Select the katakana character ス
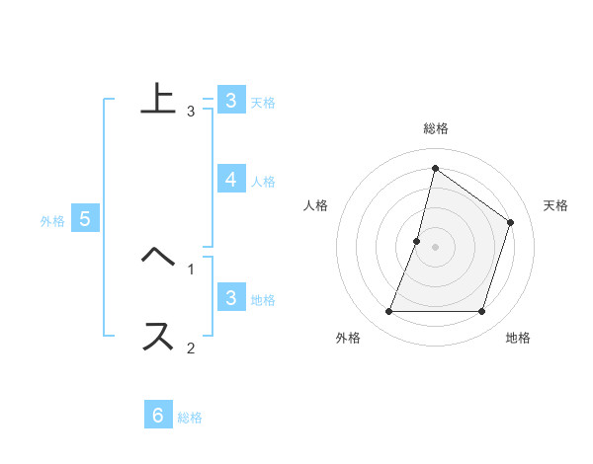(x=158, y=337)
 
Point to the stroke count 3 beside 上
(x=191, y=111)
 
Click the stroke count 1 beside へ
(x=191, y=269)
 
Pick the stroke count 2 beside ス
(x=191, y=348)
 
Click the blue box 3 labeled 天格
(x=230, y=100)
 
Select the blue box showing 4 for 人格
(x=230, y=179)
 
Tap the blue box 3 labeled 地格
(x=230, y=297)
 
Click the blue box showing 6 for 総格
(x=158, y=415)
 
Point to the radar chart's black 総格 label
(x=436, y=128)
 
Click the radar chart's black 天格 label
(x=555, y=205)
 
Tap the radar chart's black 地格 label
(x=518, y=338)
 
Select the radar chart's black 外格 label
(x=348, y=338)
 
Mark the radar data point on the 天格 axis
(x=511, y=222)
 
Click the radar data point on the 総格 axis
(x=435, y=168)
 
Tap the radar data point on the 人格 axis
(x=417, y=241)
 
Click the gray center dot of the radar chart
(x=435, y=247)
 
